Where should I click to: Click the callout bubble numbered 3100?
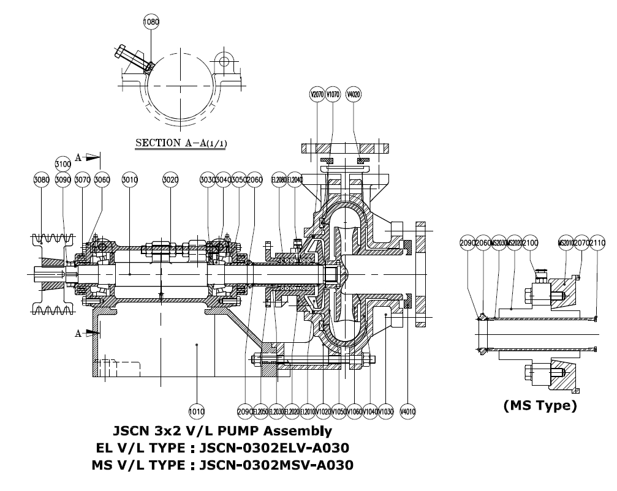62,165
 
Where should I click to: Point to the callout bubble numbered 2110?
596,243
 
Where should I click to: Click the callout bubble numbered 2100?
531,243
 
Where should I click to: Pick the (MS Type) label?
539,405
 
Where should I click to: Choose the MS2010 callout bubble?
565,243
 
